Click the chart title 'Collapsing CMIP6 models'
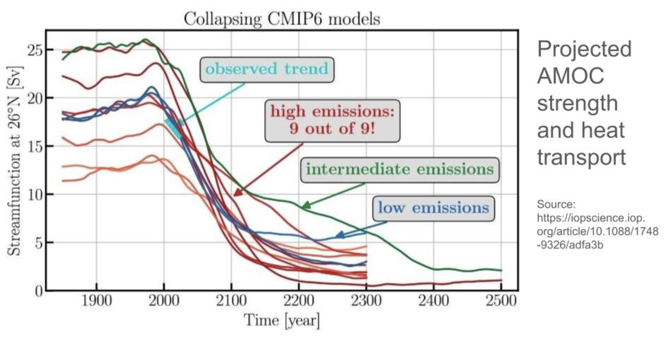[x=282, y=19]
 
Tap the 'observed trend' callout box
[x=267, y=69]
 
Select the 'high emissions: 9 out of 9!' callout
[x=332, y=120]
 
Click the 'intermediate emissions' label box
[x=399, y=169]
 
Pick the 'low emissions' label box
[x=433, y=208]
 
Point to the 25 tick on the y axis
[x=35, y=50]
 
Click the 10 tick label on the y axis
[x=35, y=194]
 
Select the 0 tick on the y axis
[x=38, y=291]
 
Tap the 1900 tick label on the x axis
[x=96, y=301]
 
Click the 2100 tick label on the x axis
[x=231, y=301]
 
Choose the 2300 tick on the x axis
[x=366, y=301]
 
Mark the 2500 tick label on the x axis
[x=501, y=301]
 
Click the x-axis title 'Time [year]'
[x=282, y=320]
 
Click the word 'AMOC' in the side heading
[x=570, y=76]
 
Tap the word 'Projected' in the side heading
[x=584, y=49]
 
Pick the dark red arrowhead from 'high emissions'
[x=237, y=193]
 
